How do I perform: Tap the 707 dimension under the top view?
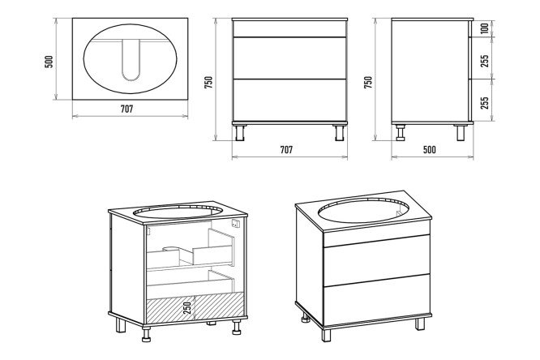coord(126,109)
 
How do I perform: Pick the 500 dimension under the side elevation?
coord(430,149)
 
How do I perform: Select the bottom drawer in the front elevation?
coord(289,100)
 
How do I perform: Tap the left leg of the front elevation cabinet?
coord(240,131)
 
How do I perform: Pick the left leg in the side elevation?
coord(401,131)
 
